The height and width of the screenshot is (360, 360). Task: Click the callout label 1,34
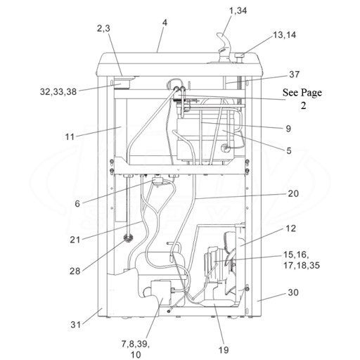pos(238,11)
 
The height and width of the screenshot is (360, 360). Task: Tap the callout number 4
pos(165,22)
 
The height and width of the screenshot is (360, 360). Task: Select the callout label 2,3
pos(103,28)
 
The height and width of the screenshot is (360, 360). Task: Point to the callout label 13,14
pos(285,35)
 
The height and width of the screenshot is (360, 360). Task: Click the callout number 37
pos(294,75)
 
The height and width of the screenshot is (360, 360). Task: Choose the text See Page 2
pos(302,98)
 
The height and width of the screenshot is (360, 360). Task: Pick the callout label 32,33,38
pos(58,91)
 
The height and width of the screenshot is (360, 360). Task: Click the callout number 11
pos(70,136)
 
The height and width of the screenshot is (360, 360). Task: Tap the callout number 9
pos(288,129)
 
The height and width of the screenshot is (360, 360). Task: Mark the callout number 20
pos(293,193)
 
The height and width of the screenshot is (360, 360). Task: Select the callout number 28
pos(75,271)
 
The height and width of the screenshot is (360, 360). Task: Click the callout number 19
pos(224,350)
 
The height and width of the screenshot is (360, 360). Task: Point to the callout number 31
pos(75,325)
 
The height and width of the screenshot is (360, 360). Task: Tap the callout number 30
pos(293,292)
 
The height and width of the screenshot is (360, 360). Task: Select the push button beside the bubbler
pos(239,58)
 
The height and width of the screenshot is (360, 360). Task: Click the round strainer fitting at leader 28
pos(128,239)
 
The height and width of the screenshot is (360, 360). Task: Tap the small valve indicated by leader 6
pos(157,182)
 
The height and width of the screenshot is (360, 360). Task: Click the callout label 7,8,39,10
pos(136,349)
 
